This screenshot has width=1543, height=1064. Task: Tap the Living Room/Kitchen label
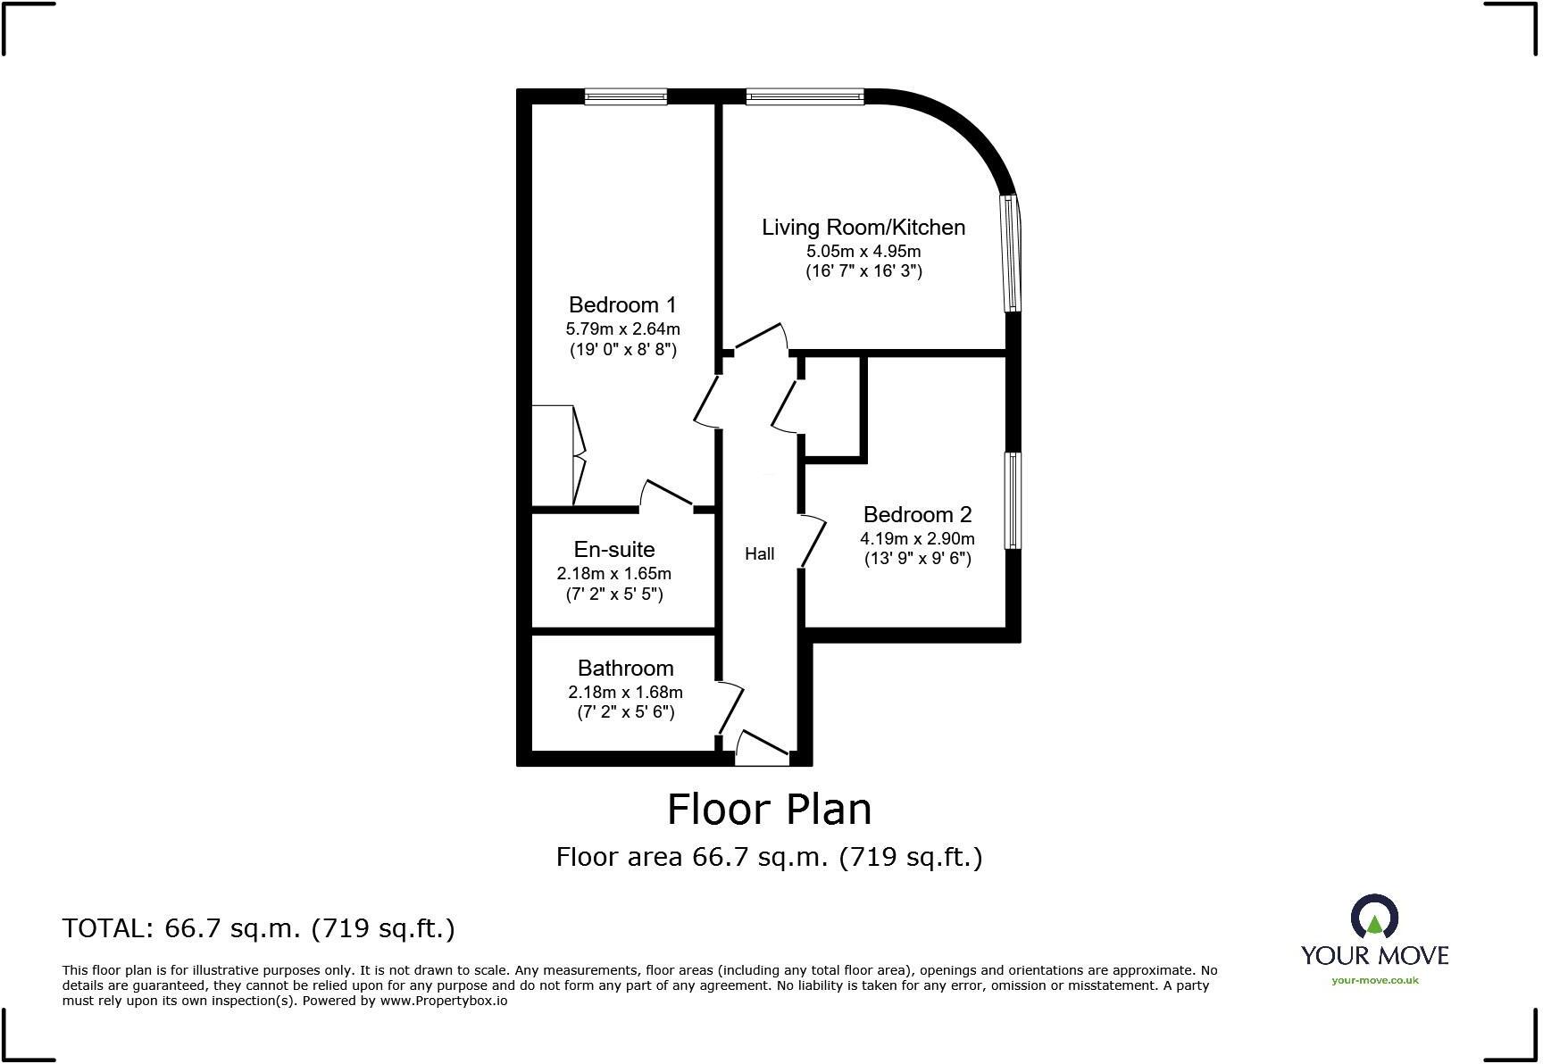[863, 228]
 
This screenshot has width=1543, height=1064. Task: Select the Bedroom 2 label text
[917, 515]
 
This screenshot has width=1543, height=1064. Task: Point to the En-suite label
[613, 550]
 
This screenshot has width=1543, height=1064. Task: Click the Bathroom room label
[625, 669]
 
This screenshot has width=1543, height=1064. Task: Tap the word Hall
[759, 554]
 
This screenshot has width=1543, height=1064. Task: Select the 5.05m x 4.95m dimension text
[863, 252]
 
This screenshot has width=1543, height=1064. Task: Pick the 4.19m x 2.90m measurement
[917, 539]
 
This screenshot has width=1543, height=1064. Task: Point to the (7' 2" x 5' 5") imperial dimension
[614, 594]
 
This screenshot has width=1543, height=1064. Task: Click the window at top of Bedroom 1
[626, 97]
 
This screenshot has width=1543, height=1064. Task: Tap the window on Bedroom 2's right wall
[1013, 501]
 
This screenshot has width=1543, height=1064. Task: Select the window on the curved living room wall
[1012, 253]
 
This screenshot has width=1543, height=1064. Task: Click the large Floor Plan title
[769, 810]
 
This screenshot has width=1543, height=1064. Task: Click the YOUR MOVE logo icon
[1374, 919]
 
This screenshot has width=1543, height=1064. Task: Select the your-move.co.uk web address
[1374, 980]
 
